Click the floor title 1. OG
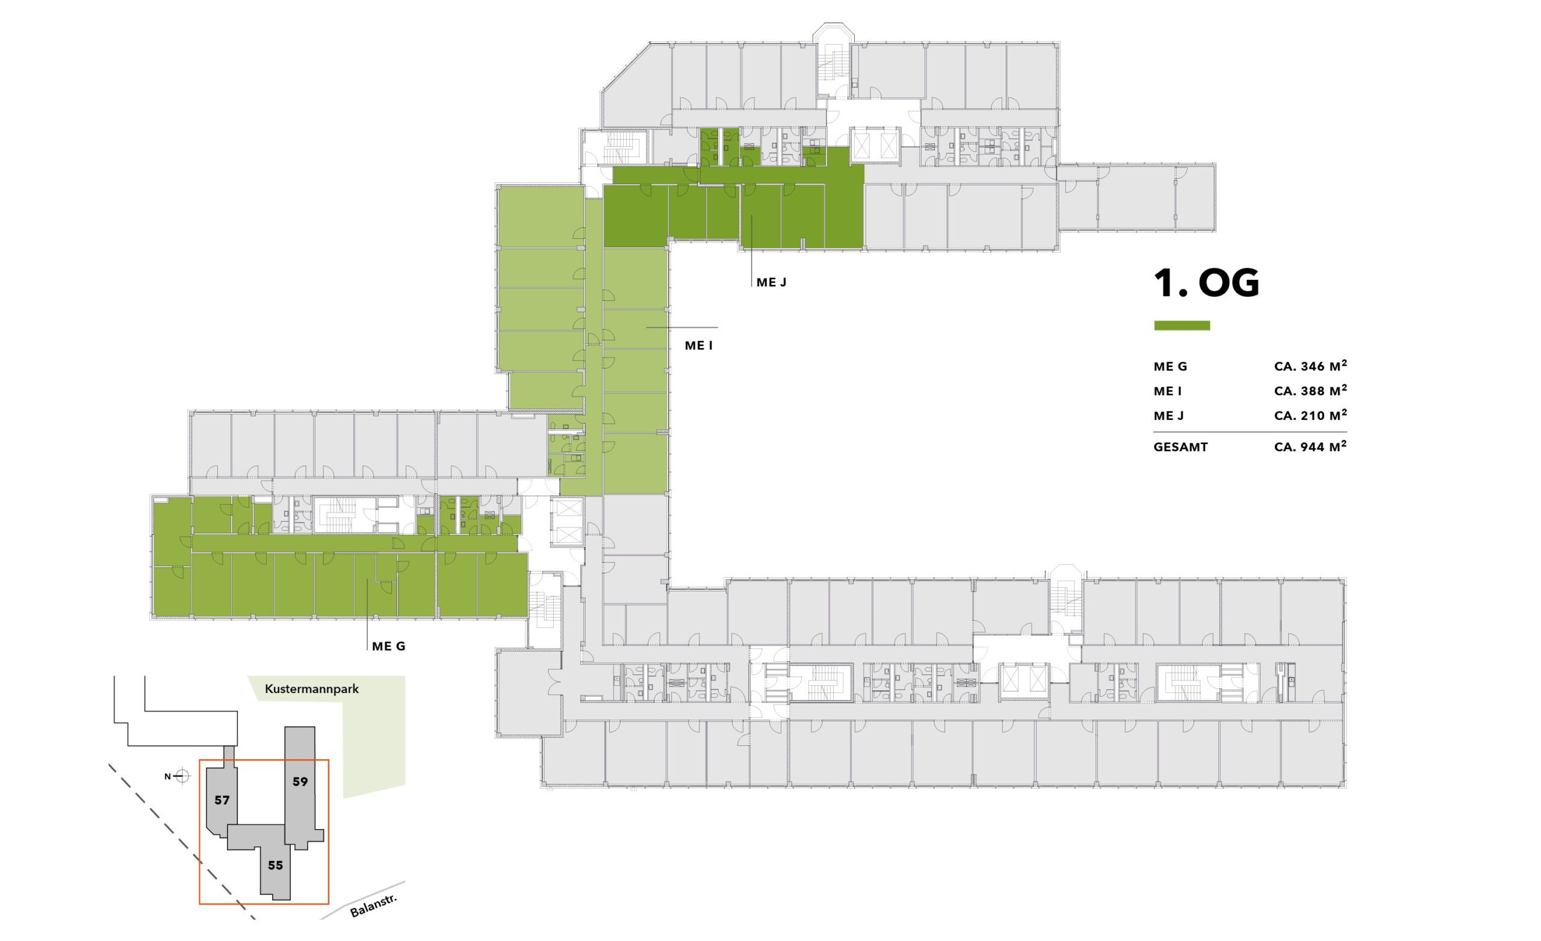click(x=1206, y=283)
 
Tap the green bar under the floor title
click(x=1182, y=325)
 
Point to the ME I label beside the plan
click(x=699, y=346)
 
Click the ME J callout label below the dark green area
click(x=771, y=283)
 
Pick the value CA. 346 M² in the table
click(x=1310, y=366)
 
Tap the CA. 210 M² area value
click(x=1310, y=415)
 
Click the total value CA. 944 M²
click(x=1310, y=446)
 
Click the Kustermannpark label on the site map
click(x=312, y=689)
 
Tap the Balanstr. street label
click(x=373, y=906)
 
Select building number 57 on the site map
click(x=222, y=800)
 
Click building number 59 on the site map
click(x=300, y=782)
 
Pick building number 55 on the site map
click(x=275, y=865)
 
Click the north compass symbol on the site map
click(x=181, y=777)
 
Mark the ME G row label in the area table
click(x=1170, y=367)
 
